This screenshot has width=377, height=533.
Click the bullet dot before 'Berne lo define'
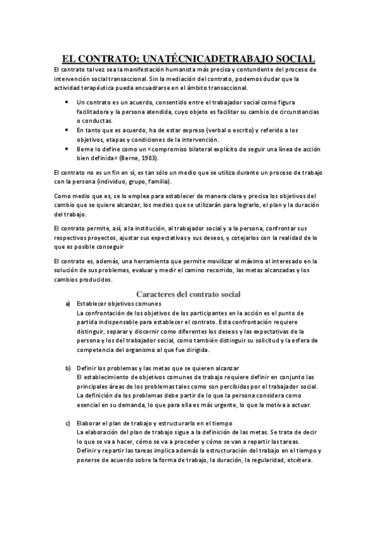[67, 150]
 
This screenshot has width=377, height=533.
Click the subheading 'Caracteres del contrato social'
[189, 294]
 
